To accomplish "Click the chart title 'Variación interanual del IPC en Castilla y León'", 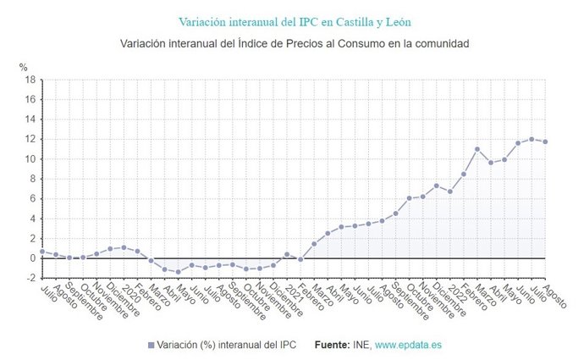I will (x=295, y=20).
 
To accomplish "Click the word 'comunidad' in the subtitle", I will (x=439, y=42).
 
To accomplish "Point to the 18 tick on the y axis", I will (x=30, y=80).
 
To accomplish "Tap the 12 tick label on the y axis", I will (x=30, y=139).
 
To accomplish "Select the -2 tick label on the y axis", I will (x=30, y=278).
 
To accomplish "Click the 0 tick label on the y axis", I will (x=32, y=258).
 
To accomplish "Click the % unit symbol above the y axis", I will (x=24, y=66).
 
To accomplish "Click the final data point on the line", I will (x=545, y=141).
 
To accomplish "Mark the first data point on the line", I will (x=42, y=252).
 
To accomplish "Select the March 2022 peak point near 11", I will (x=477, y=149).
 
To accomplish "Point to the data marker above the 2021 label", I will (x=287, y=254).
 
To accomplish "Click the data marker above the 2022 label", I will (x=450, y=191).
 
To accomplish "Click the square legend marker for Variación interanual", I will (x=151, y=346).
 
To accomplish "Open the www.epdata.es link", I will (x=408, y=346).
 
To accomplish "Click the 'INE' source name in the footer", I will (x=362, y=346).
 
